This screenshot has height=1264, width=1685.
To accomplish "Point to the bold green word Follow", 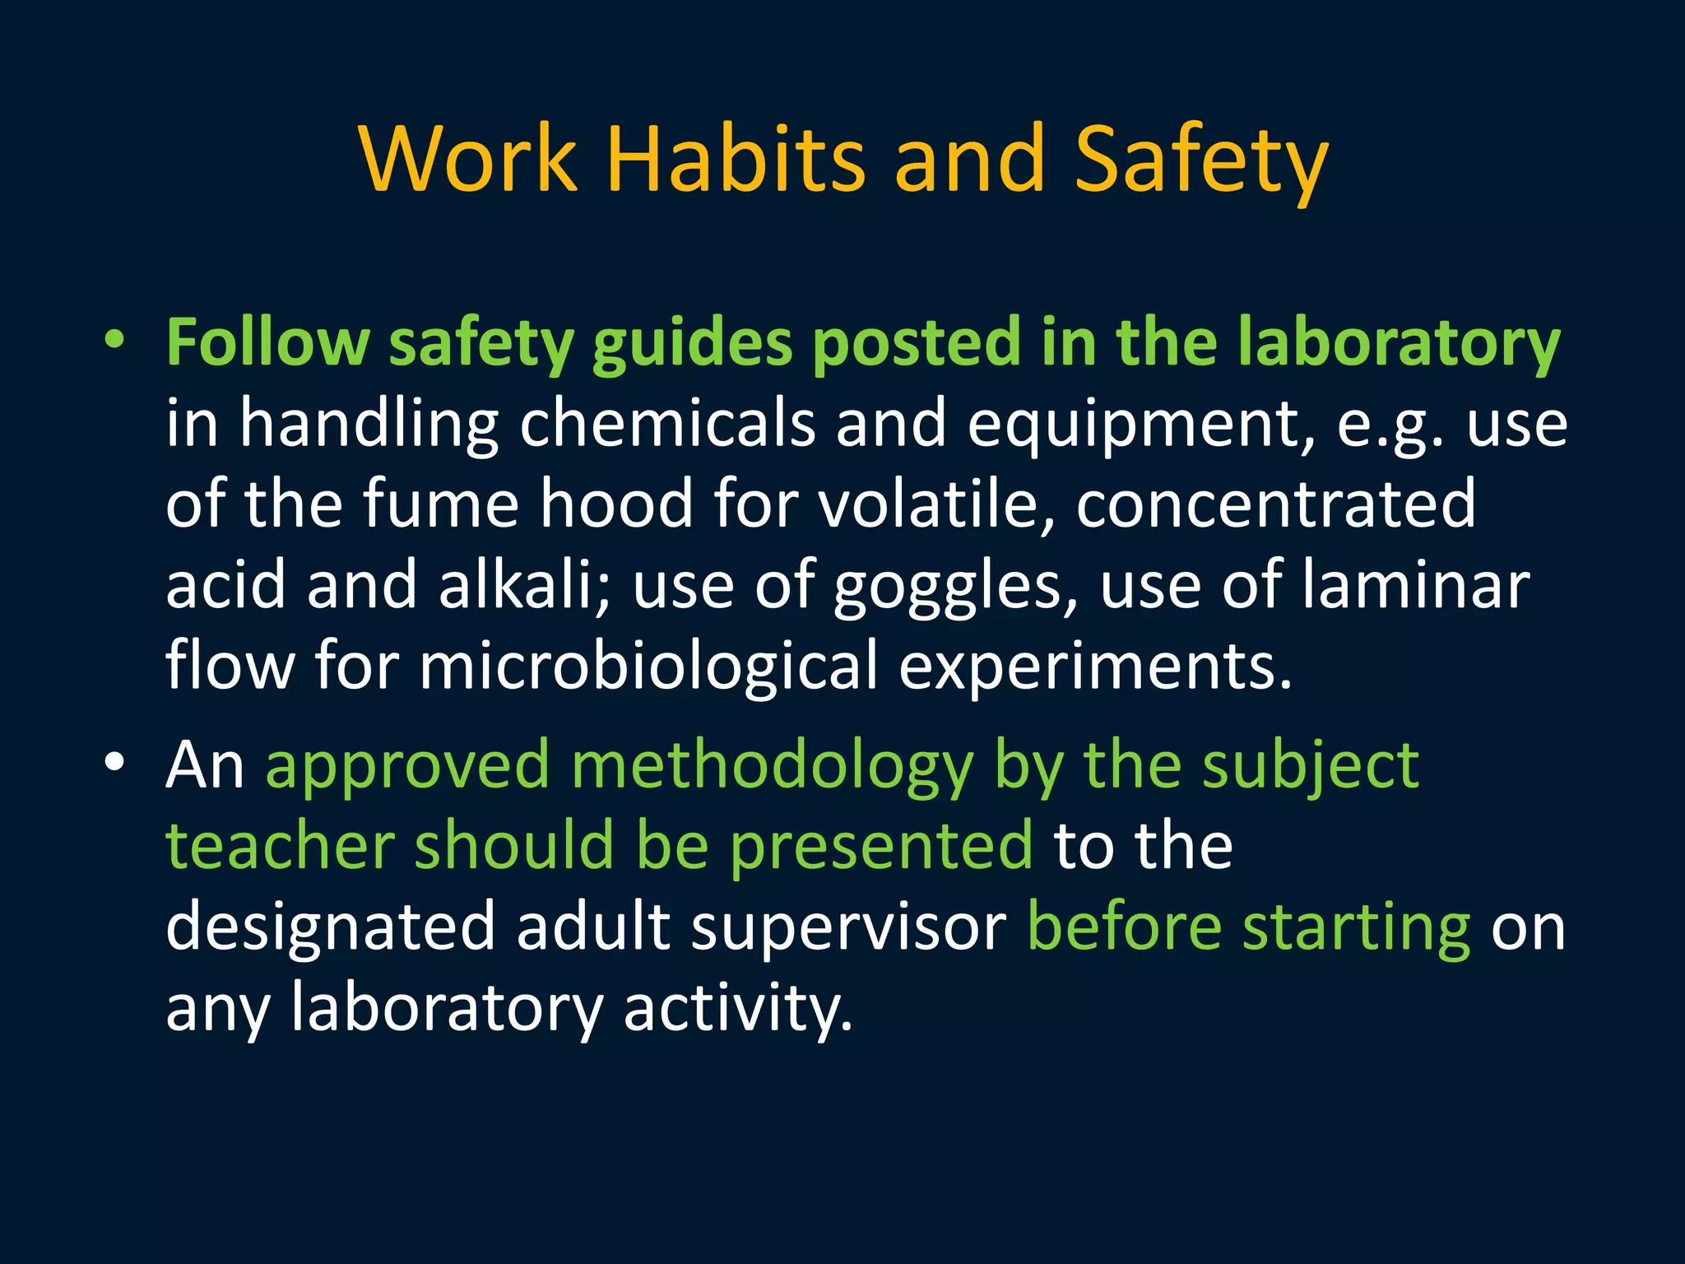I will coord(267,342).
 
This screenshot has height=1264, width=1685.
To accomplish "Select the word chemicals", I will coord(667,423).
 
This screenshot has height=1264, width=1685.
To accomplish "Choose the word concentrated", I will coord(1275,504).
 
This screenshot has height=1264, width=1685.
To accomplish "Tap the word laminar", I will coord(1415,583).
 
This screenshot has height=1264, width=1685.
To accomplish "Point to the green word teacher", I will coord(281,845).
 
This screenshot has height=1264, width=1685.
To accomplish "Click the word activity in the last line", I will coord(737,1009).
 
